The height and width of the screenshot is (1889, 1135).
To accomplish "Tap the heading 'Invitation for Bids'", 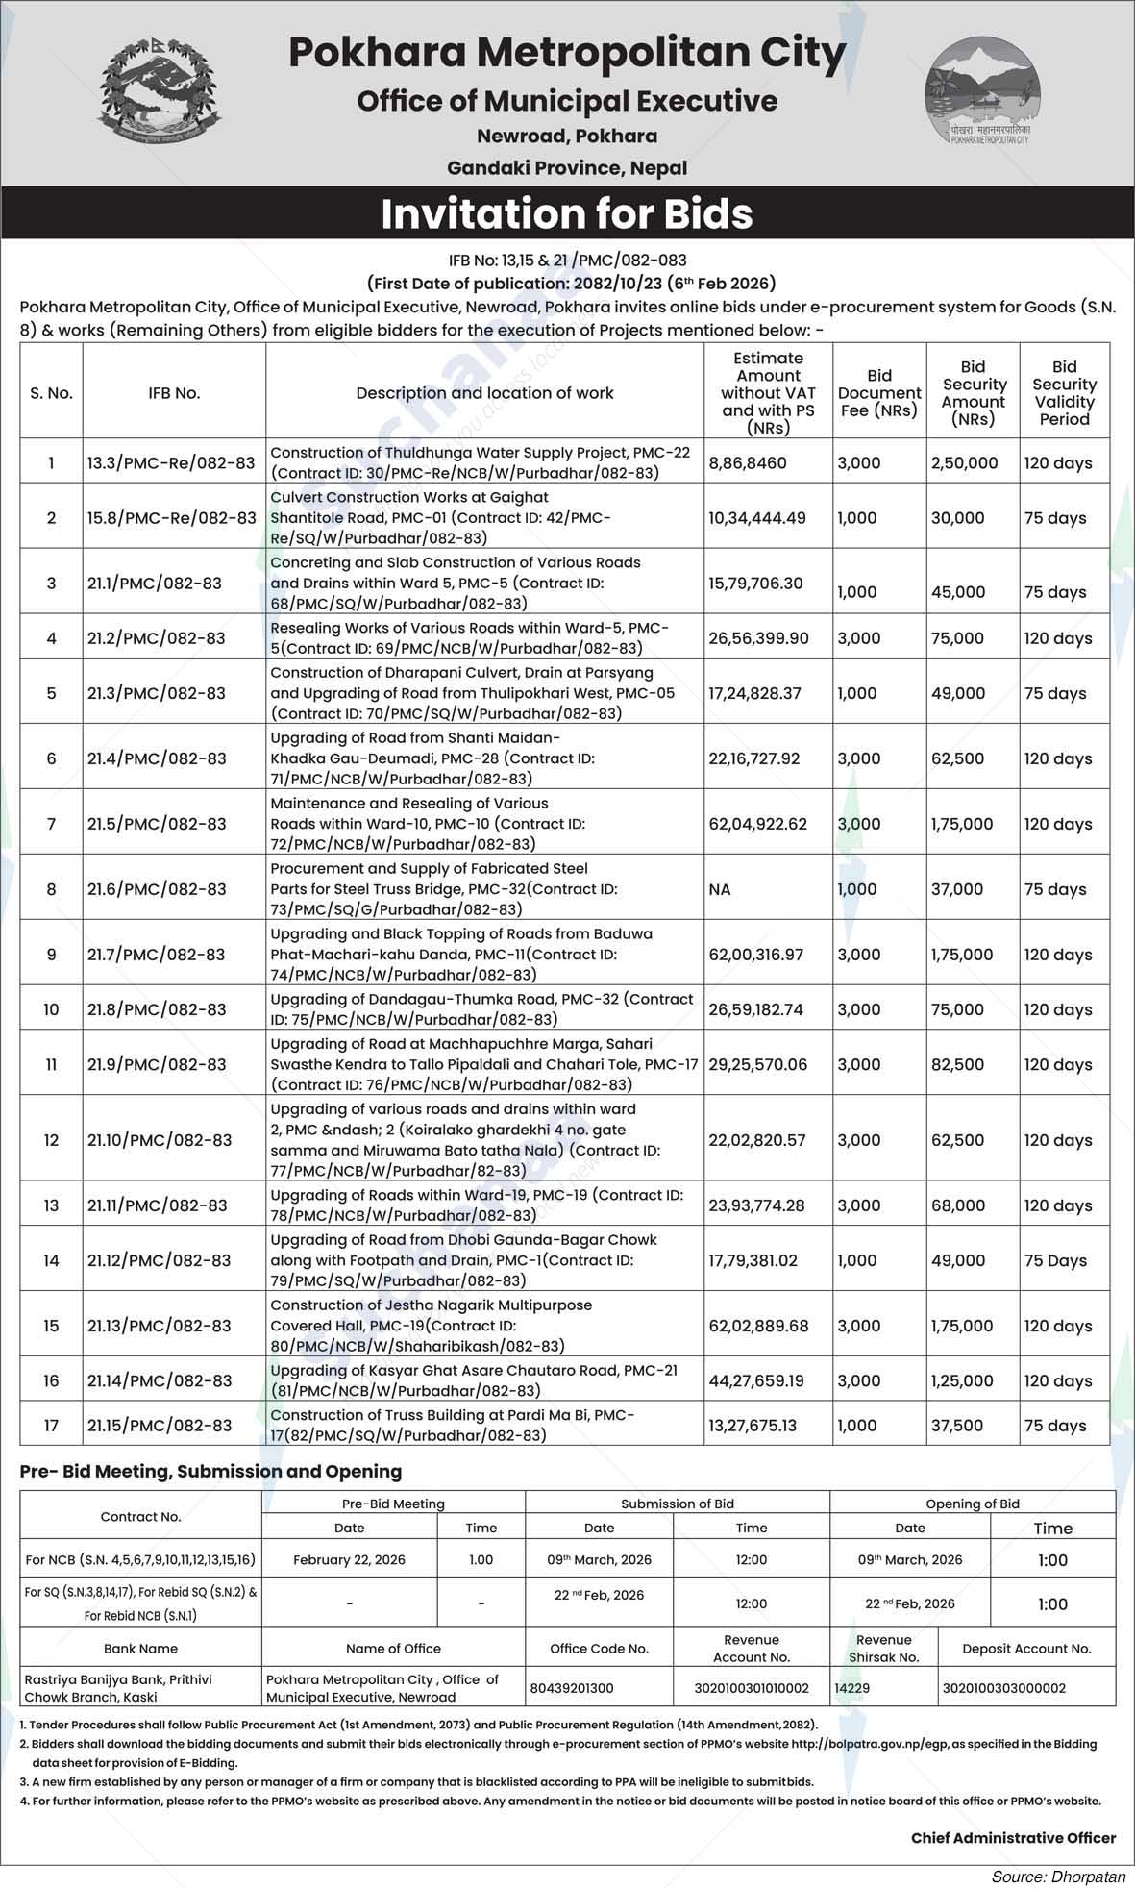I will click(x=567, y=213).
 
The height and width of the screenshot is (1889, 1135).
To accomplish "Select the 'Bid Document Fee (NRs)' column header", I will click(x=878, y=393).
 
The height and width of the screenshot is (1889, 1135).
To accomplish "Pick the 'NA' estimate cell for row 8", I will click(x=720, y=890).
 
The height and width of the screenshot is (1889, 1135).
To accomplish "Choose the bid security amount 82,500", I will click(x=957, y=1065).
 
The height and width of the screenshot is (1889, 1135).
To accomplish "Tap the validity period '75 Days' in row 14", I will click(x=1055, y=1261).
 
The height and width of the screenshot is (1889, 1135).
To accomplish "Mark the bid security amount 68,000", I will click(x=957, y=1206).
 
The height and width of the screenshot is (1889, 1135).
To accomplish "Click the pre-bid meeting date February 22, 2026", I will click(x=349, y=1560).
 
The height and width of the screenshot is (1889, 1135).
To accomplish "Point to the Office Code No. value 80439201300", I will click(x=571, y=1688).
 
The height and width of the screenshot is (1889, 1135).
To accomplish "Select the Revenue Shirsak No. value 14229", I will click(x=851, y=1688).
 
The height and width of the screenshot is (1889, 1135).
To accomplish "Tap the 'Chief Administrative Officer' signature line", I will click(x=1013, y=1838).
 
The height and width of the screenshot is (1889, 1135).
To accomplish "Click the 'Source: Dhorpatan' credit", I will click(x=1058, y=1876).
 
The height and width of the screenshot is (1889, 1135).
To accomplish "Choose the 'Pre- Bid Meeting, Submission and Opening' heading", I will click(x=210, y=1472).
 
